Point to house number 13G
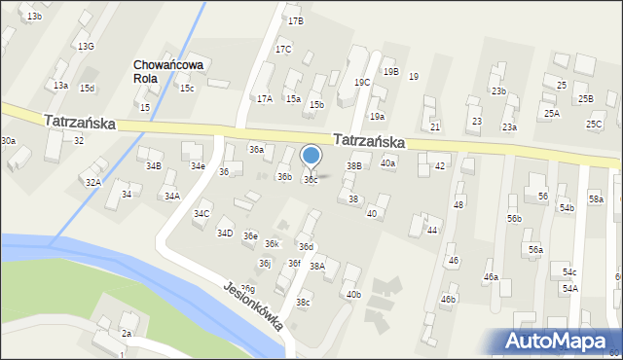click(x=86, y=47)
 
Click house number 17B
click(x=295, y=20)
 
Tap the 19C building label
click(x=361, y=83)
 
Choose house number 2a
click(x=127, y=334)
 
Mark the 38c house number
click(x=304, y=303)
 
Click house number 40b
click(x=352, y=295)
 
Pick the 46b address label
click(x=448, y=299)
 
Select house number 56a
click(x=535, y=250)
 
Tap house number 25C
click(x=594, y=125)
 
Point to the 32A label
click(x=92, y=182)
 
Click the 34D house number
click(x=225, y=234)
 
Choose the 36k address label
click(x=273, y=244)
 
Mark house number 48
click(x=458, y=205)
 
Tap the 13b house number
click(x=35, y=17)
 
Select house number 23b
click(x=498, y=91)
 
